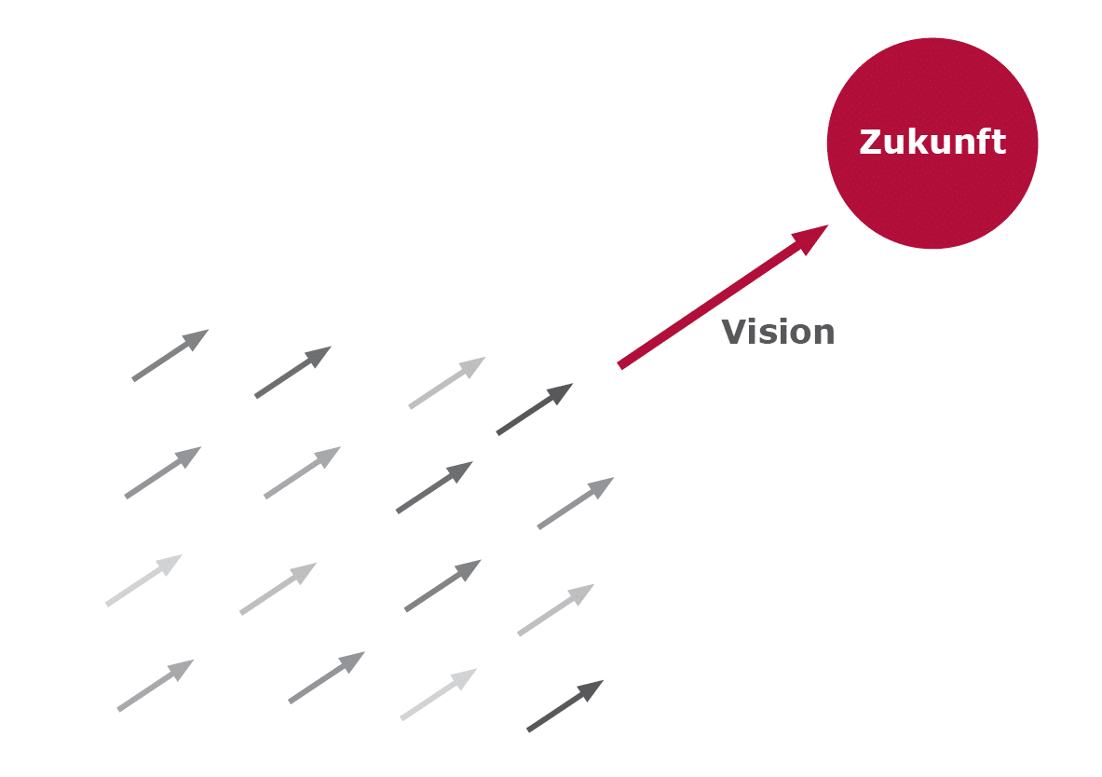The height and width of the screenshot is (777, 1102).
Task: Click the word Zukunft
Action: point(932,142)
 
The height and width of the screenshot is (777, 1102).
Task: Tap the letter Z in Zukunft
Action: point(871,142)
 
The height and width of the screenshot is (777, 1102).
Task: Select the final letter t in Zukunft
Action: point(999,142)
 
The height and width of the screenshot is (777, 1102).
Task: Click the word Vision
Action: point(778,332)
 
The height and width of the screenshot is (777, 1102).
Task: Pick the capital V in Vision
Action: point(733,332)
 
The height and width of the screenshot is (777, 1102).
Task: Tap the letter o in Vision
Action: point(800,335)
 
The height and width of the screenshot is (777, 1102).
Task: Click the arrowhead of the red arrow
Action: point(811,239)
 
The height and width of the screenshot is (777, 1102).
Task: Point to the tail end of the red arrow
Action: point(619,365)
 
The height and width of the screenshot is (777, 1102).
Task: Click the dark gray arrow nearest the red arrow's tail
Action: point(535,409)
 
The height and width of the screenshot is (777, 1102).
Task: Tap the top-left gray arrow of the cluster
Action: point(170,355)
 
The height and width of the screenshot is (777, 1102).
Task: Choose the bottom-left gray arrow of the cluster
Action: point(156,686)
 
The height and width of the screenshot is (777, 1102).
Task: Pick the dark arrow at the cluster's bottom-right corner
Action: point(565,706)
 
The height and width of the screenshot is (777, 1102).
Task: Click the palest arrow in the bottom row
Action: point(439,694)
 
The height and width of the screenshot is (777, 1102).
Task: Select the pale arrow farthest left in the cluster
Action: point(144,580)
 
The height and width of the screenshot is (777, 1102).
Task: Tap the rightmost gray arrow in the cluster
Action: point(576,503)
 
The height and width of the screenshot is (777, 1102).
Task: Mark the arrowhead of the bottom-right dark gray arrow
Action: point(592,689)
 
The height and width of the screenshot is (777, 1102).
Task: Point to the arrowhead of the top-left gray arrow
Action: point(196,339)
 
